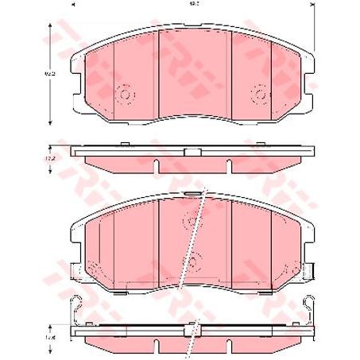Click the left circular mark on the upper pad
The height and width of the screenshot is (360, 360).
124,94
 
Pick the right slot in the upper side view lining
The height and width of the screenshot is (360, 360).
228,165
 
